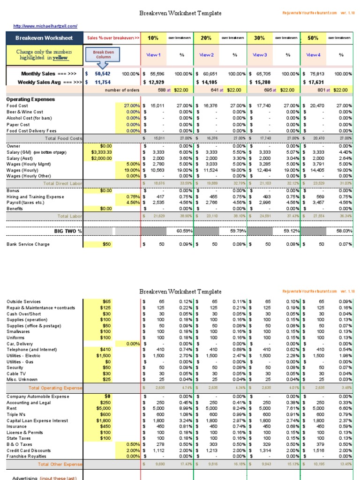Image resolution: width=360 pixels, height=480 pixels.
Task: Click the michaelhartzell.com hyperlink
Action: click(x=45, y=26)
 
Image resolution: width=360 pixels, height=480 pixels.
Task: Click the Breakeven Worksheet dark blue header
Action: click(x=44, y=38)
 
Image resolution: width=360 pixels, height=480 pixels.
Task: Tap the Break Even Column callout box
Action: click(x=102, y=55)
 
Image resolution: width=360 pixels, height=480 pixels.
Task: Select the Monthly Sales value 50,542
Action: click(x=103, y=74)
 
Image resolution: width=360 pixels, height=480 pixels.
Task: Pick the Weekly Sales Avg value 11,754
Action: click(x=103, y=82)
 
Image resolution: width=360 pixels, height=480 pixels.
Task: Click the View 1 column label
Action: click(x=153, y=55)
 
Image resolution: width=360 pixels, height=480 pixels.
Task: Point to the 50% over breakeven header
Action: click(x=313, y=38)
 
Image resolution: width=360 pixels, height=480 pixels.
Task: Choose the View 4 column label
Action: click(x=313, y=55)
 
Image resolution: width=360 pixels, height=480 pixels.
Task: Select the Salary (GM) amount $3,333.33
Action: click(x=102, y=152)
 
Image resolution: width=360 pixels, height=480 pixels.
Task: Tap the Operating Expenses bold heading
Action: click(x=30, y=99)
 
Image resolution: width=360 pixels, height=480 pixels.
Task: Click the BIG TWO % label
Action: click(x=68, y=231)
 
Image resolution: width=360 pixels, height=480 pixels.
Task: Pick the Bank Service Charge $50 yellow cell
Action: click(x=107, y=244)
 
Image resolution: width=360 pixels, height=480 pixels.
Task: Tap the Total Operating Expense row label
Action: click(x=55, y=388)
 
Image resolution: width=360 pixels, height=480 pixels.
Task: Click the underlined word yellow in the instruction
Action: click(x=60, y=58)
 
